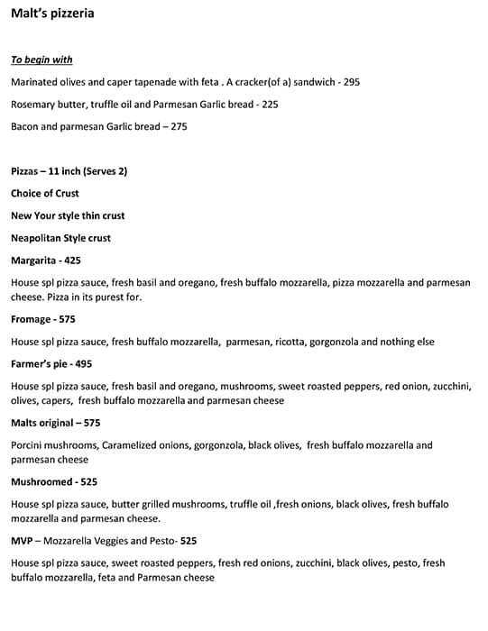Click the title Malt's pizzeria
click(x=52, y=14)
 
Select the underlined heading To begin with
click(x=41, y=60)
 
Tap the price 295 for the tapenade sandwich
click(x=351, y=82)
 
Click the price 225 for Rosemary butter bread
click(x=270, y=105)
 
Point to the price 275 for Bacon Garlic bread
click(x=179, y=127)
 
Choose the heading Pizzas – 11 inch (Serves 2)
click(x=69, y=171)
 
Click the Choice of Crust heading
click(x=45, y=194)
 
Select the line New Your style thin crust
click(x=68, y=216)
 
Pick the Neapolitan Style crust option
click(x=60, y=239)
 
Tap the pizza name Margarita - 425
click(x=46, y=261)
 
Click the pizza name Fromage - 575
click(x=43, y=320)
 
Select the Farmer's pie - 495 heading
click(x=51, y=364)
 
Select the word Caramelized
click(x=131, y=445)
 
